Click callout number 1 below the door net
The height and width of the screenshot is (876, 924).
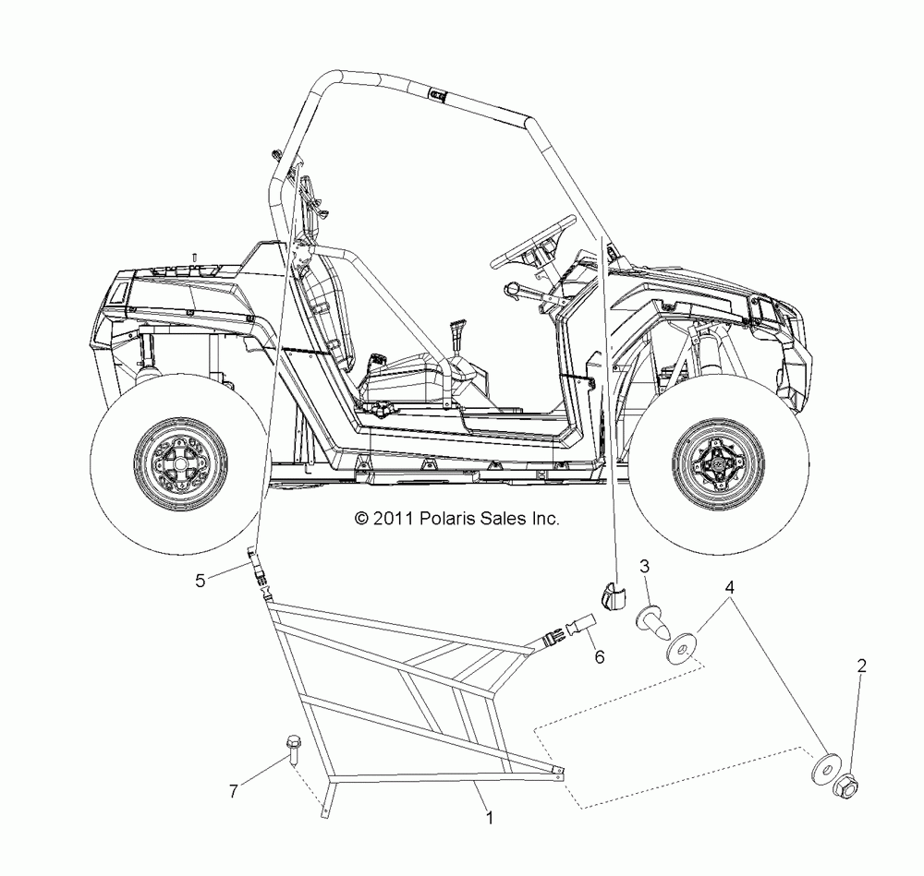pos(490,817)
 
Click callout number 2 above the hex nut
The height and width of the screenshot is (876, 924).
pos(861,665)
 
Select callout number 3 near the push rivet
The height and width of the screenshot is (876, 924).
pos(645,565)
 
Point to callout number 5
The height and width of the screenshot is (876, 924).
pos(200,581)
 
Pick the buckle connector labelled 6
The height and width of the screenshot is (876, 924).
pos(565,630)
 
